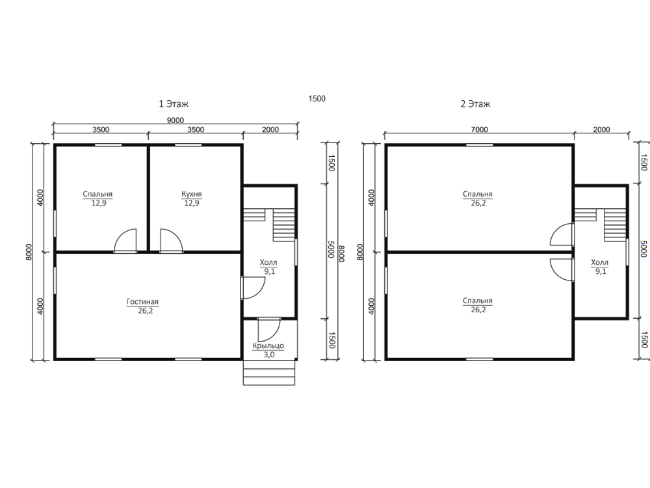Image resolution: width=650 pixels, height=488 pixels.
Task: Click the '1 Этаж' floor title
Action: click(174, 103)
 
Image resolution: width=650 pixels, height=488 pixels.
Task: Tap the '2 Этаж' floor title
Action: click(475, 103)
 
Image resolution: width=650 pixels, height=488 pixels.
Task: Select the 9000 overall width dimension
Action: click(175, 120)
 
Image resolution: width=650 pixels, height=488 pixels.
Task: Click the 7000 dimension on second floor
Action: click(479, 129)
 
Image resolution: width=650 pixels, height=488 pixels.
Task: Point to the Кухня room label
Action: click(192, 194)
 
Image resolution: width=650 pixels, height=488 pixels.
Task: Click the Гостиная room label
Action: click(142, 302)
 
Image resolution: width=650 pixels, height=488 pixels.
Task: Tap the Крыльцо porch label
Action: click(268, 346)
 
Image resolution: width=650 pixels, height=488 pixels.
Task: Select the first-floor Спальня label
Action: click(97, 194)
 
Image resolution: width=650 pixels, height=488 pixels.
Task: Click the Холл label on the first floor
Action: click(268, 262)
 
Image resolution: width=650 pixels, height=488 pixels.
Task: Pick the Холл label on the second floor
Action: click(599, 262)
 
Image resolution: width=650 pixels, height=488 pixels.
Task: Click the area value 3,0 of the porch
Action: click(269, 355)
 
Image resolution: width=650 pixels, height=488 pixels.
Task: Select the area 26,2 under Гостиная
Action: click(145, 310)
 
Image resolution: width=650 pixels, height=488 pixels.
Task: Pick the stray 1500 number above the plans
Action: click(317, 98)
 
